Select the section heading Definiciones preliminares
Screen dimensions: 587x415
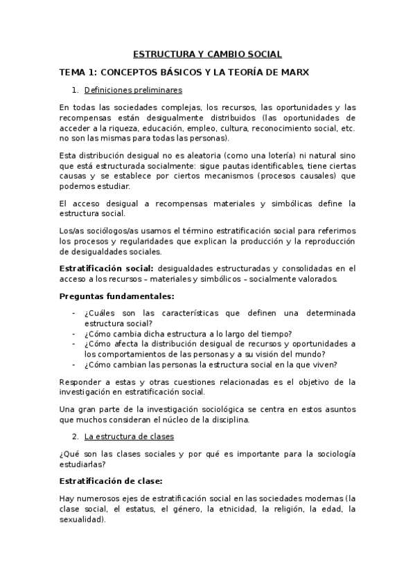click(x=133, y=89)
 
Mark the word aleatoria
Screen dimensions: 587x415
click(x=198, y=157)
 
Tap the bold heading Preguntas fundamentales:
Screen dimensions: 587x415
click(x=107, y=296)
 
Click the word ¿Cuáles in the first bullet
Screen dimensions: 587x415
click(x=100, y=313)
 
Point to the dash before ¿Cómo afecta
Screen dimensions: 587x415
click(x=73, y=344)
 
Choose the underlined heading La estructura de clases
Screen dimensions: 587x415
click(x=128, y=437)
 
